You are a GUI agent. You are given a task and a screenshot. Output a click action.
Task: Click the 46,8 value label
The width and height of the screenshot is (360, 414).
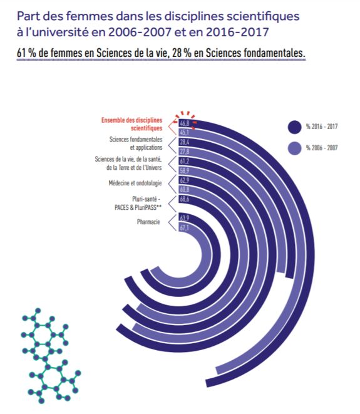[x=185, y=124]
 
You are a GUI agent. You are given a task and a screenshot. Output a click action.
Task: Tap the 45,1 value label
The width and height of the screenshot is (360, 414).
[x=185, y=133]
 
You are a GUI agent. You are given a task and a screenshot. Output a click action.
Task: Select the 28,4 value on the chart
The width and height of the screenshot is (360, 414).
[x=185, y=143]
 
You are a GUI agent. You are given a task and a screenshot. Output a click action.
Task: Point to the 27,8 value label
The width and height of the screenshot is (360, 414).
[x=185, y=152]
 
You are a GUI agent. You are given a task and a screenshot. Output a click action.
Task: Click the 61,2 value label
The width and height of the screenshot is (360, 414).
[x=185, y=162]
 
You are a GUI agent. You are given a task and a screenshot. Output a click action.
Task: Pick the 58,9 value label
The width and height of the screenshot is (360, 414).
[x=185, y=170]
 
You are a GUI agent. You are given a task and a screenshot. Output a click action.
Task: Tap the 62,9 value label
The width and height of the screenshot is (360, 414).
[x=185, y=180]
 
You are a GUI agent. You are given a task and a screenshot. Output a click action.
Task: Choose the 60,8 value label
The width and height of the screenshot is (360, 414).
[x=185, y=189]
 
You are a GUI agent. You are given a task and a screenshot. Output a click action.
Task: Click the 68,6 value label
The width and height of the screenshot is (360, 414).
[x=185, y=199]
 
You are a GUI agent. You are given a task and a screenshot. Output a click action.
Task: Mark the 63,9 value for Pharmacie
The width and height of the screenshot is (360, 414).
[x=185, y=218]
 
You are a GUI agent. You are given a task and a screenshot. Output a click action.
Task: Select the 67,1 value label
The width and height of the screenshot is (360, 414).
[x=185, y=227]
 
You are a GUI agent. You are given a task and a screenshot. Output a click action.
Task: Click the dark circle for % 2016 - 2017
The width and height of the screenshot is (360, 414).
[x=294, y=127]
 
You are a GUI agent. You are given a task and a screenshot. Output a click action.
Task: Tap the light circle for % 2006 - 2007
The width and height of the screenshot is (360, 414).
[x=294, y=148]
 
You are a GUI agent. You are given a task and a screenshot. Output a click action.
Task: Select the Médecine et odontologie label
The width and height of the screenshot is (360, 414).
[x=135, y=183]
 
